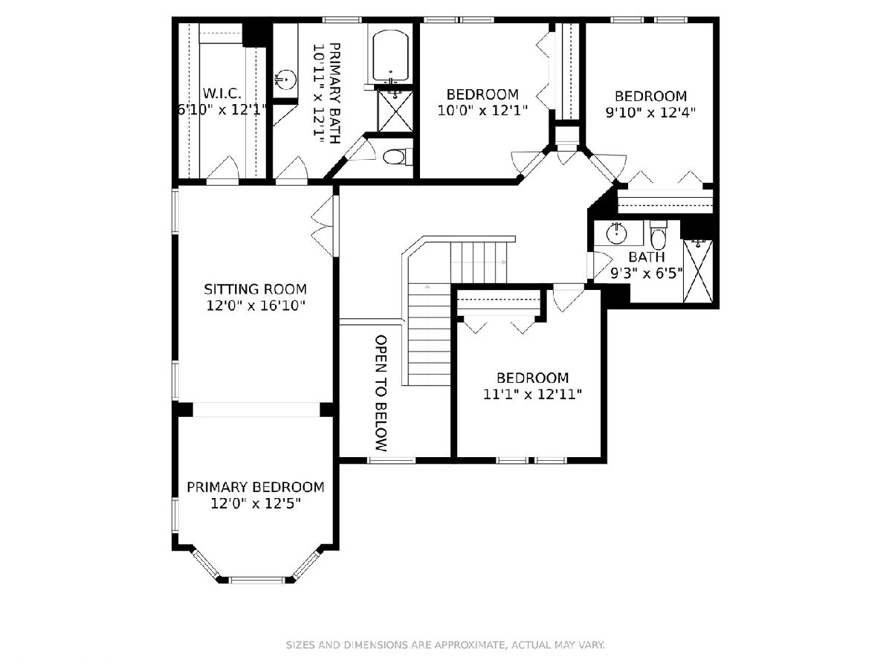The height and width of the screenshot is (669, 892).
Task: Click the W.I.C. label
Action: pos(222,94)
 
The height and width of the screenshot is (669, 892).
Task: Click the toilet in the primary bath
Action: pos(395,156)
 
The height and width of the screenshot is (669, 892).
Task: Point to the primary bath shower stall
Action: pos(395,111)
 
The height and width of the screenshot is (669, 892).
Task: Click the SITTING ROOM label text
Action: pos(255,289)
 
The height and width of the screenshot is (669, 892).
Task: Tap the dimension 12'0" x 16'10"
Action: pos(256,306)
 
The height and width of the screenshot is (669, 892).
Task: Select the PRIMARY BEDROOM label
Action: pos(256,487)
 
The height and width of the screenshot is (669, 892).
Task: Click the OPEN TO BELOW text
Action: pos(381,392)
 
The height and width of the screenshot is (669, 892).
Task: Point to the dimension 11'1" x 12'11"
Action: pos(532,394)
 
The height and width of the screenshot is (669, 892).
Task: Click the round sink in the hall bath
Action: pos(616,233)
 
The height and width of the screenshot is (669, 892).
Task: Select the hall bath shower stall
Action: pos(698,271)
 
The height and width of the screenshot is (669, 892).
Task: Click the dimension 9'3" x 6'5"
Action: pos(647,274)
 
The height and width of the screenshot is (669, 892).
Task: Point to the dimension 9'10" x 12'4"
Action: pos(650,112)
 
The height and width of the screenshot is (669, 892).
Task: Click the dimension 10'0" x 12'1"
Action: pos(482,111)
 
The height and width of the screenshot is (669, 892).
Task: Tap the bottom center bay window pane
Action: pos(257,580)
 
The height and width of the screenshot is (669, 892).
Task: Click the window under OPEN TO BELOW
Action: pos(392,460)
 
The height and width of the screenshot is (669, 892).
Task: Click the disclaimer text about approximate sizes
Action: pos(445,644)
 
